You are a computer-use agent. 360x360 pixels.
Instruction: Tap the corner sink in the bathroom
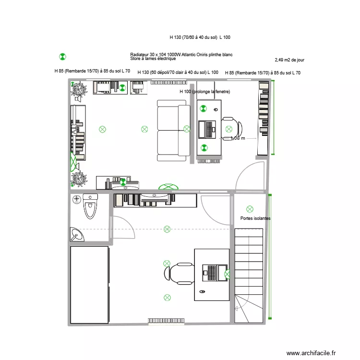point(76,234)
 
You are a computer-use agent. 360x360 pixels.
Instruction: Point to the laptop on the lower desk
point(211,273)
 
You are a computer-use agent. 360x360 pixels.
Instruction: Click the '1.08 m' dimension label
point(238,138)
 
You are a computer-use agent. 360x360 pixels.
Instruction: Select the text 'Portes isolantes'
point(255,218)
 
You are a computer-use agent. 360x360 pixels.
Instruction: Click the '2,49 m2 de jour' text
point(289,60)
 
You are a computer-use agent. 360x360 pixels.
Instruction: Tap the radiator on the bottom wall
point(166,320)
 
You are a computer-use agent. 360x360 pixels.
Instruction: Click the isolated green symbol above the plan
point(62,57)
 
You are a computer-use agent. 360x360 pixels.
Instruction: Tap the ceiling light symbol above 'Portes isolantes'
point(249,209)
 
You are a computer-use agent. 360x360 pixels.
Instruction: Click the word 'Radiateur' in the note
point(139,55)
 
